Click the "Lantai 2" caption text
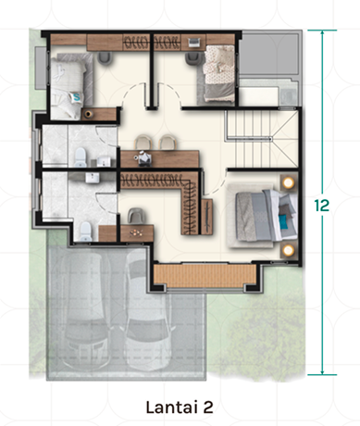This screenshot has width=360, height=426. (180, 407)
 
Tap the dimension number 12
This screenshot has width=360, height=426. (322, 206)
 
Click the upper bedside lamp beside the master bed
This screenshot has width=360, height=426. (289, 182)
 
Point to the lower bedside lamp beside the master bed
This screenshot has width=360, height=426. (289, 250)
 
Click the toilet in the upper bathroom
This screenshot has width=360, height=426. (81, 157)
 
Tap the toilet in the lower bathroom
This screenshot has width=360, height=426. (86, 232)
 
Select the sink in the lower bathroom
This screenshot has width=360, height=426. (93, 178)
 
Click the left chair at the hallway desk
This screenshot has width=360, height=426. (143, 143)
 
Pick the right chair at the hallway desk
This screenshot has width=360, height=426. (168, 143)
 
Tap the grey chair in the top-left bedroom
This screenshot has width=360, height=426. (105, 58)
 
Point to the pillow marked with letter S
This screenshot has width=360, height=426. (76, 97)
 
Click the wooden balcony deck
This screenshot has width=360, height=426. (205, 275)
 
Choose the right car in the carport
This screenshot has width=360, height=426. (148, 308)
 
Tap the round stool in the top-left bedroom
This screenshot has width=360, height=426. (89, 114)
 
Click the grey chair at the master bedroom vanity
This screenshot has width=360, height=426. (136, 216)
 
